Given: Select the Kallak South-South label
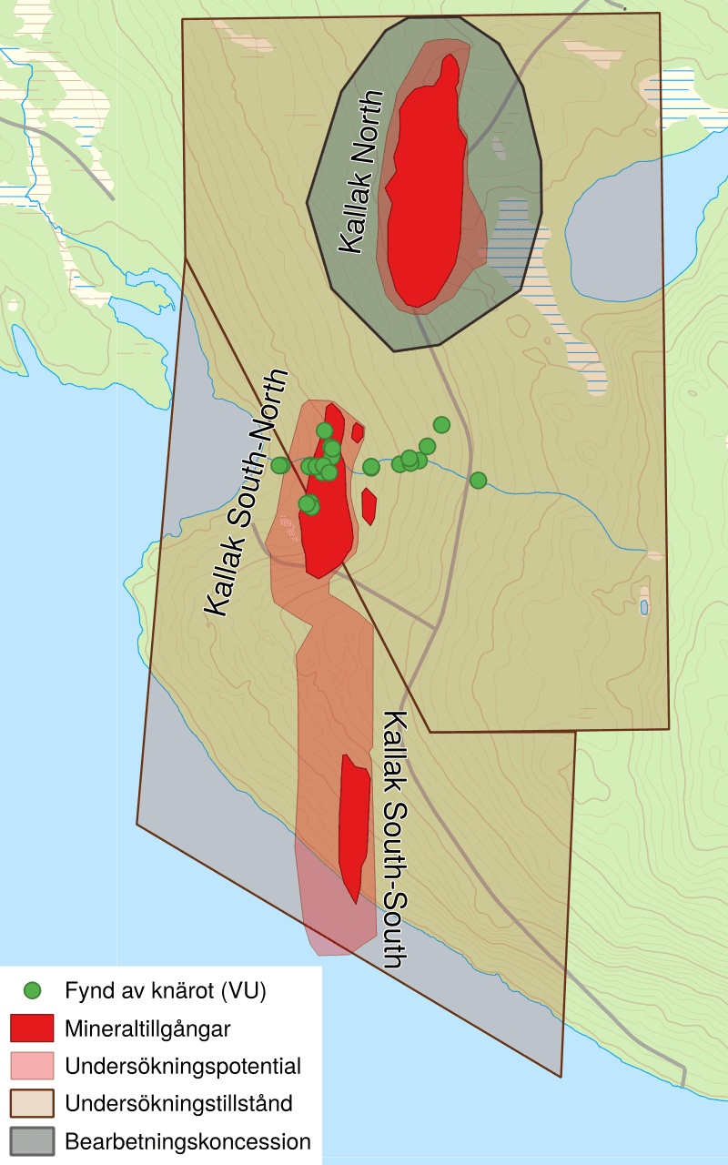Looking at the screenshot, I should (x=393, y=838).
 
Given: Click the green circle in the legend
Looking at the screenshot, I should (x=32, y=989).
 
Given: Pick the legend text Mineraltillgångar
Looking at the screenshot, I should (x=147, y=1029).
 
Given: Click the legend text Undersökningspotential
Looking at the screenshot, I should (x=183, y=1066).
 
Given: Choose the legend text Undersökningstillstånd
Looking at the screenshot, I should (x=178, y=1104).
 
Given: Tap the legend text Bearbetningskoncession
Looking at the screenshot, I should (x=187, y=1141).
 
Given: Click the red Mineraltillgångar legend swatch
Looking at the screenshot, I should (x=32, y=1028).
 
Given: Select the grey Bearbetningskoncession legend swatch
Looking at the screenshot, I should (x=32, y=1141).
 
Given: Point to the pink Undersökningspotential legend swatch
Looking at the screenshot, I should (x=32, y=1066).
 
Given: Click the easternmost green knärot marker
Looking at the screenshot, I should (x=478, y=480).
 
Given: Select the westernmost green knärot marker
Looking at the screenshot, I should (x=279, y=465).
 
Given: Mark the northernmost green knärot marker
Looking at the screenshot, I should (x=441, y=424).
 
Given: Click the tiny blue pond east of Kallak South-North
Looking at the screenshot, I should (x=644, y=606).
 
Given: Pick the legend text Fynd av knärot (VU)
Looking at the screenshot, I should (x=166, y=989).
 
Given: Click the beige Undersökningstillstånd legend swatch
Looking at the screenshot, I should (x=32, y=1103).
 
